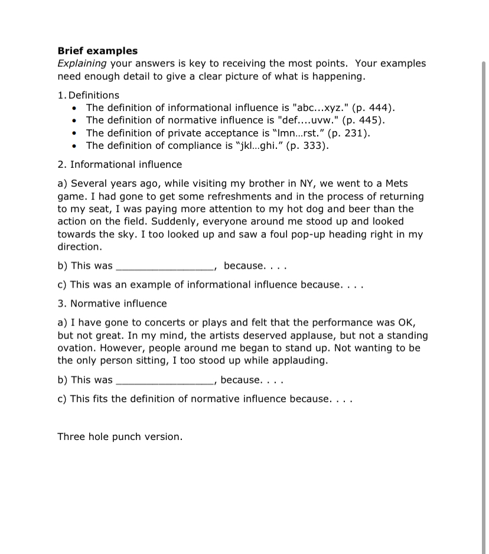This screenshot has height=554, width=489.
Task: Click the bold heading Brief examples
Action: pos(97,51)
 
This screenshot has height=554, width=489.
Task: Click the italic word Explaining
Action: pos(82,63)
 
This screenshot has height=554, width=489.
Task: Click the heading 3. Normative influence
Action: pos(112,304)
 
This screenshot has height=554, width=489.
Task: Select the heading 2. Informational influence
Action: pos(120,164)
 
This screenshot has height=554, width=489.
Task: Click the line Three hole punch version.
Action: pos(120,437)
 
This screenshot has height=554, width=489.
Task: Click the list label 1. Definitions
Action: pos(89,95)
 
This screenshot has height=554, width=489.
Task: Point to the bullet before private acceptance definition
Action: pos(74,133)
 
